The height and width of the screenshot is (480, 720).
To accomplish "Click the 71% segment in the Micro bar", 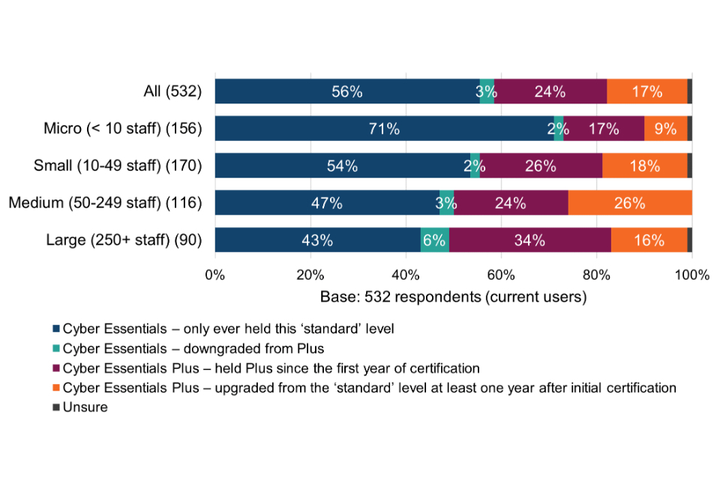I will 384,128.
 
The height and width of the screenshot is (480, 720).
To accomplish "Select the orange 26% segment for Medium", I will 629,203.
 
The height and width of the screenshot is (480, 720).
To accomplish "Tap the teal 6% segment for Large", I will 435,241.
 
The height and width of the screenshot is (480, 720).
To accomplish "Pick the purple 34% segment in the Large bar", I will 529,241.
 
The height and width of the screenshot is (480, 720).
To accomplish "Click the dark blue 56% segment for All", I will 347,91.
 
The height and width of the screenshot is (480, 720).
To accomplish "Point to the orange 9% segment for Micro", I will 666,128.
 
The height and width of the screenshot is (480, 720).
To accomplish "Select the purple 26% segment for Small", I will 541,166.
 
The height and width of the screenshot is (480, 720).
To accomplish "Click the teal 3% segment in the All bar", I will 487,91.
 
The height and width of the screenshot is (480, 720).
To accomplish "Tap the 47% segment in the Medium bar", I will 327,203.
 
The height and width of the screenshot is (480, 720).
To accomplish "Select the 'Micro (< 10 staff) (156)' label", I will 123,128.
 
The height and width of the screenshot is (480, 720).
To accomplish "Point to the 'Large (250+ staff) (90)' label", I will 124,241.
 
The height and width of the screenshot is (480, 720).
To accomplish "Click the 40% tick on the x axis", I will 406,274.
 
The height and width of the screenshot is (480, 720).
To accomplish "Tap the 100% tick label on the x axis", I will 691,274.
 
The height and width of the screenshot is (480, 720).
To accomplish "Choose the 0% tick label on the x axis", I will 215,274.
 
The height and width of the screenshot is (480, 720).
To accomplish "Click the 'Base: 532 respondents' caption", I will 453,296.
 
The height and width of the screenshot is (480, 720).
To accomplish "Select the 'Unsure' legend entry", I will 85,408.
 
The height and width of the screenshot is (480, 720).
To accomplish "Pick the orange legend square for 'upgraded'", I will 56,388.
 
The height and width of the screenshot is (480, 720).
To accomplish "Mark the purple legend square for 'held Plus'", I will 56,368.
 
